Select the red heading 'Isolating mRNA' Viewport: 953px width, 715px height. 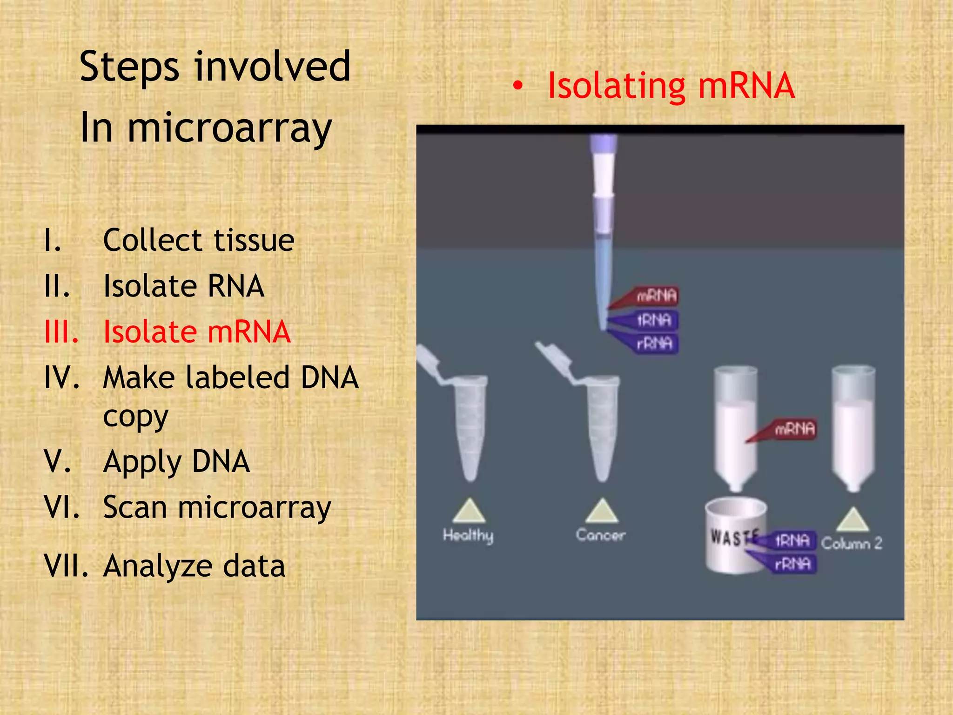coord(671,86)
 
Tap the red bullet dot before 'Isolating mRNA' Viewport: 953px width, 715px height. coord(518,86)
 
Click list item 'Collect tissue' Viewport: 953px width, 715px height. coord(199,241)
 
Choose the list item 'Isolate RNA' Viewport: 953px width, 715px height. coord(184,286)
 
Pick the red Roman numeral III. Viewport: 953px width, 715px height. coord(61,332)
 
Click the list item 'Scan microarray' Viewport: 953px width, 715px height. coord(217,507)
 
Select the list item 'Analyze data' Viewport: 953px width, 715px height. coord(194,566)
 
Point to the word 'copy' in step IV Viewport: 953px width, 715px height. coord(135,417)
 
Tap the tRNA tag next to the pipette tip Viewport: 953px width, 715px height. coord(654,320)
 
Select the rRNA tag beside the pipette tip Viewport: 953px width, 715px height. coord(655,344)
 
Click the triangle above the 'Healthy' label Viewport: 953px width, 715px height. coord(469,512)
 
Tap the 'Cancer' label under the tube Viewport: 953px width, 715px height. coord(600,535)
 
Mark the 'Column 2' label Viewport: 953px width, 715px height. coord(852,543)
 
